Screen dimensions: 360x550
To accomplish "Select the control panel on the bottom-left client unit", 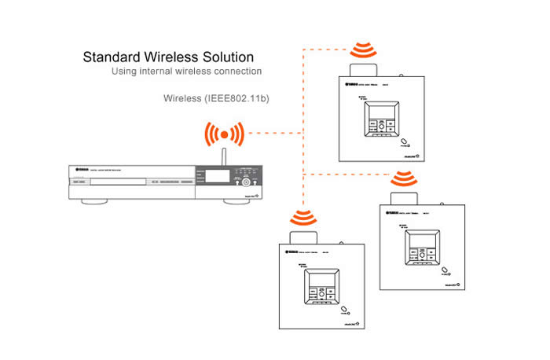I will coord(321,288).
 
